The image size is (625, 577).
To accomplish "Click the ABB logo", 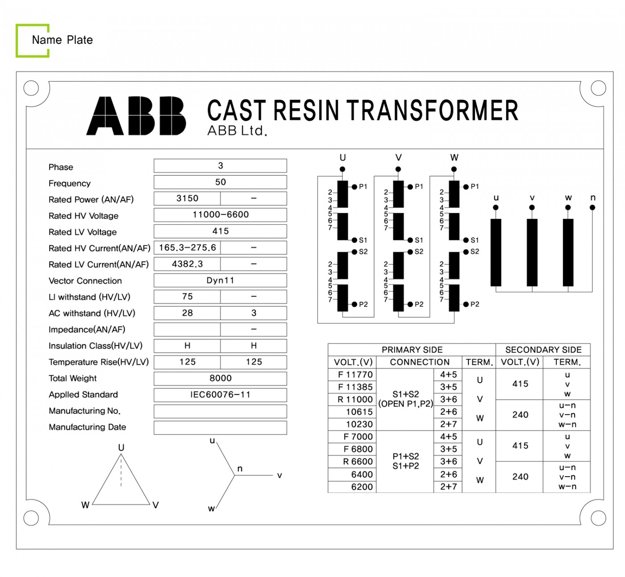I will (x=136, y=116).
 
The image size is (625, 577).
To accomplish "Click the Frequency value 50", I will (x=220, y=182).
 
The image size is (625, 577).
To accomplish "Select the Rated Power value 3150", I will (x=187, y=198).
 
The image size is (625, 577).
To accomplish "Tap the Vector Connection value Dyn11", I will (x=220, y=280).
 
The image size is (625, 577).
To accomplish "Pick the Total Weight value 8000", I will (x=220, y=378).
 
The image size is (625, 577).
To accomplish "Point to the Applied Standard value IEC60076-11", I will (x=220, y=395).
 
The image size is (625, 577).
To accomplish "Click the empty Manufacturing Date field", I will (x=220, y=427).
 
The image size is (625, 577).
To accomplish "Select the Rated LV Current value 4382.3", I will (x=187, y=264).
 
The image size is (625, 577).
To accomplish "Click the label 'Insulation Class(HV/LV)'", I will (x=96, y=346).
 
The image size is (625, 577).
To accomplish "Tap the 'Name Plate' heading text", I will (x=62, y=40).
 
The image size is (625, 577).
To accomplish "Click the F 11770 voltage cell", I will (x=355, y=375).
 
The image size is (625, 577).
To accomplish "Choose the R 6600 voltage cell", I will (x=358, y=462).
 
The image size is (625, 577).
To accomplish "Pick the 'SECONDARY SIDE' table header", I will (x=543, y=350).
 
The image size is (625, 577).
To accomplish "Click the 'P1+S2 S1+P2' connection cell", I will (x=406, y=461).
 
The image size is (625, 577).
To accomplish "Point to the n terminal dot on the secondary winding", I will (x=592, y=207).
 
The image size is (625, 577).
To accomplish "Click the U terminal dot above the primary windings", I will (x=342, y=169).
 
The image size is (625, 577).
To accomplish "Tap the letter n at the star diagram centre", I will (x=240, y=469).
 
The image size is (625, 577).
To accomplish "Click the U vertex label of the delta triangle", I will (x=121, y=447).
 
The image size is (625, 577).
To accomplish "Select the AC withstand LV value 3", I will (x=254, y=313).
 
